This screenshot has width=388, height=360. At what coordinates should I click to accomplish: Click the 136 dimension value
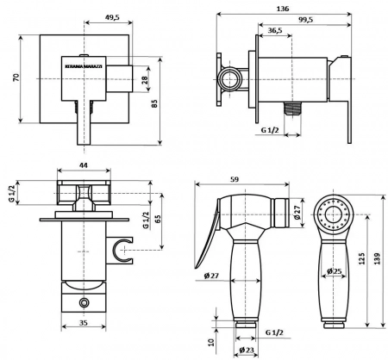(x=283, y=9)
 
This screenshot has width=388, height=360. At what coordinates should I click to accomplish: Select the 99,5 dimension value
(x=305, y=20)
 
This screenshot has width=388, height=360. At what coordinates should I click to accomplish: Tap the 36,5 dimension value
(x=275, y=30)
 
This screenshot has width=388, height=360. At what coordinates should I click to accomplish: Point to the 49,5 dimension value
(x=112, y=17)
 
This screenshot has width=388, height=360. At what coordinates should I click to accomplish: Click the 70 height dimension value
(x=16, y=78)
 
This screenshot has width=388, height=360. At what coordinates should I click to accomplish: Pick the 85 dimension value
(x=154, y=103)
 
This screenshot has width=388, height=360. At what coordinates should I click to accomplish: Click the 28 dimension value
(x=145, y=79)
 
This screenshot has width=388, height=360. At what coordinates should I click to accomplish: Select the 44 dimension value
(x=84, y=165)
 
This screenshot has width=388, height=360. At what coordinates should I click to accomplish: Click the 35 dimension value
(x=83, y=323)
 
